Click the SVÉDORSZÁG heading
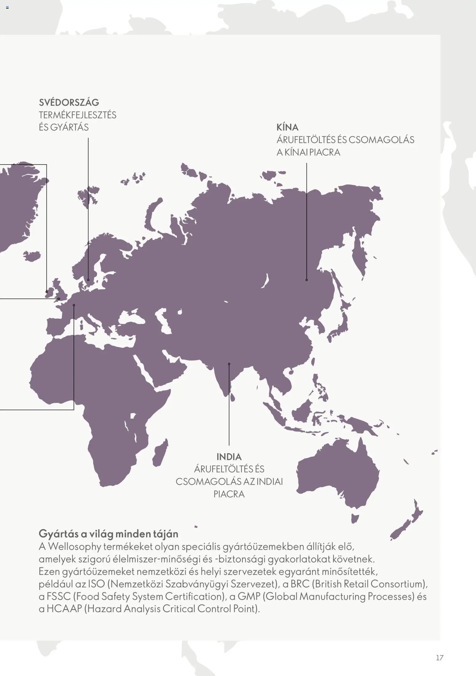click(69, 102)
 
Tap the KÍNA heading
click(287, 127)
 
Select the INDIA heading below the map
click(229, 457)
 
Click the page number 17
click(439, 658)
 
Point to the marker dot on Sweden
click(88, 280)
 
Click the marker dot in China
click(306, 280)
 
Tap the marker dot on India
click(229, 364)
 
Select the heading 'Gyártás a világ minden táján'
click(108, 534)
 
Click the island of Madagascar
click(161, 452)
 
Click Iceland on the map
click(32, 255)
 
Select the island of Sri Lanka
click(233, 398)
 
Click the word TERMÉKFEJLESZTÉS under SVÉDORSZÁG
click(77, 115)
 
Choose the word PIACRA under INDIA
click(229, 494)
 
